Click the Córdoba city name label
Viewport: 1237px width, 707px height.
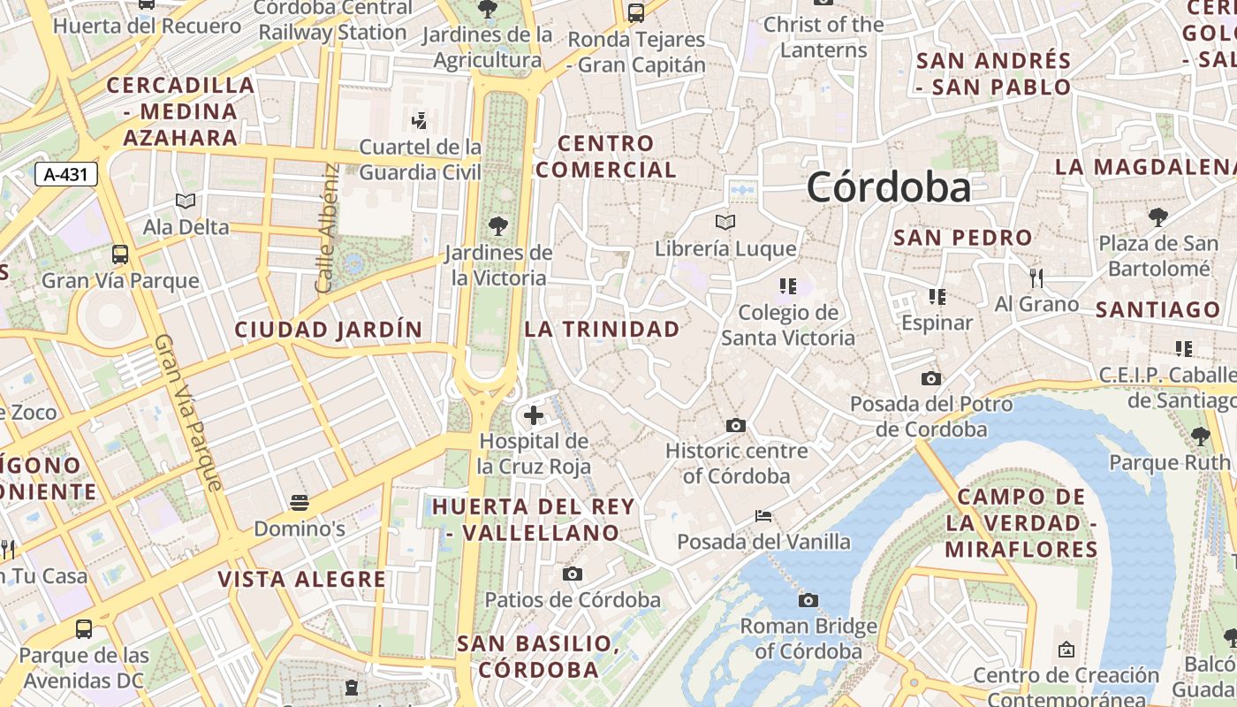[888, 187]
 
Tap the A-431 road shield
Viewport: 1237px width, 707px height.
[66, 174]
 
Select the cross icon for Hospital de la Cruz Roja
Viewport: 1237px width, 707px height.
[534, 414]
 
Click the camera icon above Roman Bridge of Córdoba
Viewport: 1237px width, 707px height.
[808, 601]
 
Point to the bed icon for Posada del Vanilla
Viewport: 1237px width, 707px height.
[763, 516]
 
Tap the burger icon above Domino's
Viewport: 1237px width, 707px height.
[300, 503]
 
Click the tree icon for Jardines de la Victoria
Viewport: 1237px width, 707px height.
[498, 226]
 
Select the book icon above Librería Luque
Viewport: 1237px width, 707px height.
[725, 222]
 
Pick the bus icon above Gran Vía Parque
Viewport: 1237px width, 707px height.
[120, 255]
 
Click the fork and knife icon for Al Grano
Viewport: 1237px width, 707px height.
[1036, 278]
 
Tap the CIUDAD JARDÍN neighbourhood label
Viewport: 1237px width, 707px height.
[329, 330]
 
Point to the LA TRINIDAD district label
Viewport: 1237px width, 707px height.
[603, 329]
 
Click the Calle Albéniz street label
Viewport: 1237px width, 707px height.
[327, 228]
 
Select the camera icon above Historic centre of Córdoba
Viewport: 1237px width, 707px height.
[735, 426]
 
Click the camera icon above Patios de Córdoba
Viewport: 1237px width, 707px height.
[573, 574]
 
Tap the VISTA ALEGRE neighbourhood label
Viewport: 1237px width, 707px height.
[302, 579]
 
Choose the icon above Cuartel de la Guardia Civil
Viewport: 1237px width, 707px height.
[421, 120]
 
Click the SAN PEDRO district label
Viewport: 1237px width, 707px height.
[962, 237]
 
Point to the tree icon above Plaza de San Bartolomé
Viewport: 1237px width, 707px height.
[1157, 217]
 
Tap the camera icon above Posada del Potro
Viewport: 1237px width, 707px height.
[931, 379]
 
